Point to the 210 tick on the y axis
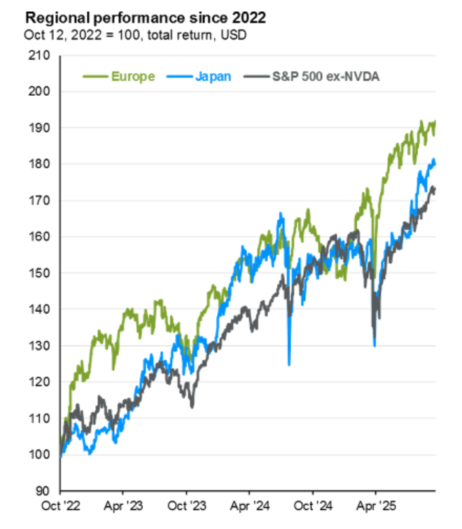point(40,55)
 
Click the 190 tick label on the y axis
point(40,128)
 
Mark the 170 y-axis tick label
point(40,201)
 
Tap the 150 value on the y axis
point(40,274)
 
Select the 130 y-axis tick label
point(40,346)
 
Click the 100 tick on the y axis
point(40,455)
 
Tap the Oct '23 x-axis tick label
point(187,504)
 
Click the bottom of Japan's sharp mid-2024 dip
point(288,364)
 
